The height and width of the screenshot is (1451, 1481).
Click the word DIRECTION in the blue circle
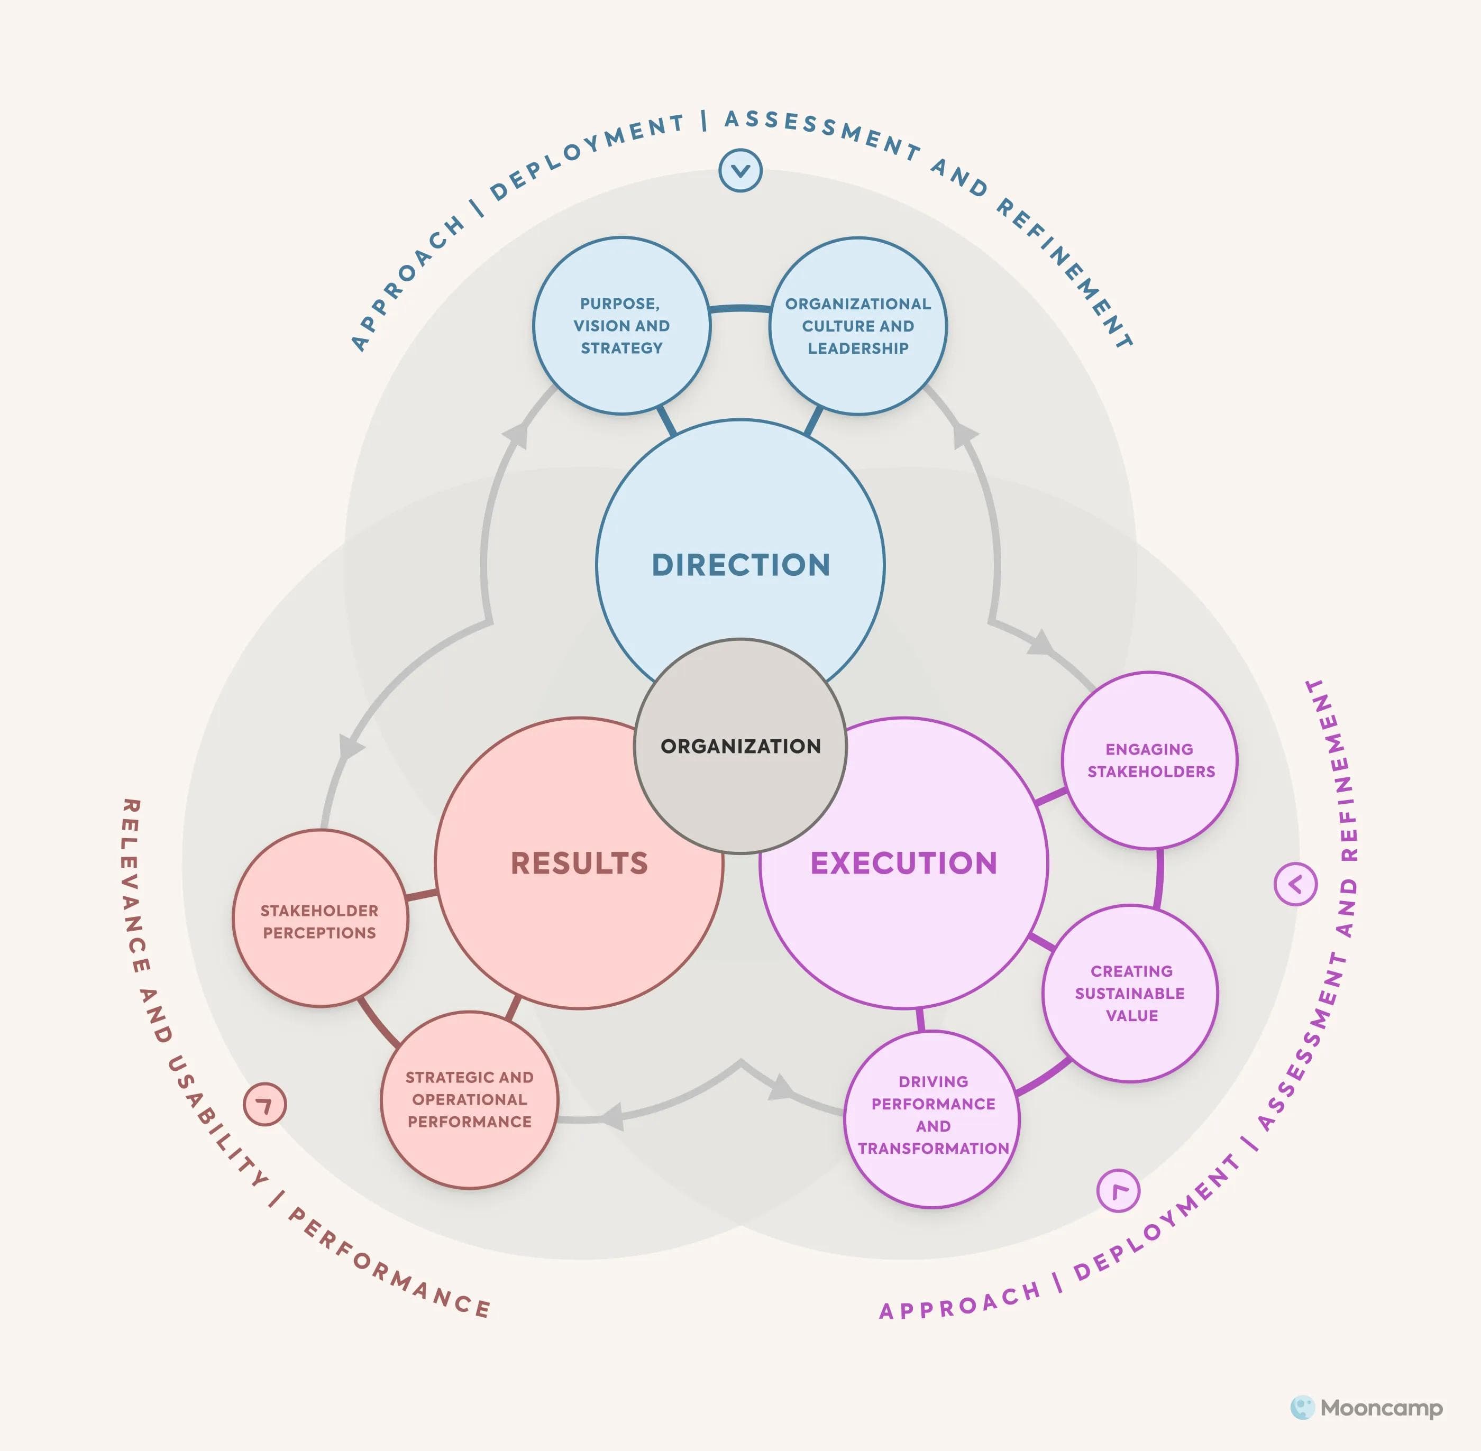tap(740, 565)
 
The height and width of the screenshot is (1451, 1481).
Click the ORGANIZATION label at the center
tap(740, 746)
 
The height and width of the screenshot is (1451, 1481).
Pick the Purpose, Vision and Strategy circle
tap(621, 325)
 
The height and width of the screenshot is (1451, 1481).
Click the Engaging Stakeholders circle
tap(1149, 760)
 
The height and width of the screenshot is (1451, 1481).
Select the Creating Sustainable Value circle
tap(1130, 993)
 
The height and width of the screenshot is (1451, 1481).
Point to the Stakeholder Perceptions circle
tap(319, 921)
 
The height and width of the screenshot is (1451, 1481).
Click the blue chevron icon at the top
tap(740, 171)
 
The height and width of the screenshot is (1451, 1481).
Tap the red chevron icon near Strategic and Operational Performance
tap(264, 1104)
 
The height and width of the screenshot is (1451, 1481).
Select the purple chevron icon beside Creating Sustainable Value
tap(1295, 884)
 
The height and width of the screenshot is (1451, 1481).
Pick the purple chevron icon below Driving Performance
tap(1118, 1190)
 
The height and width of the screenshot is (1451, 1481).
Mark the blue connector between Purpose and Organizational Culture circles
tap(739, 309)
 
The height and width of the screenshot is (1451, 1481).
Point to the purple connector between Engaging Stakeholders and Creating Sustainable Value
tap(1158, 878)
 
